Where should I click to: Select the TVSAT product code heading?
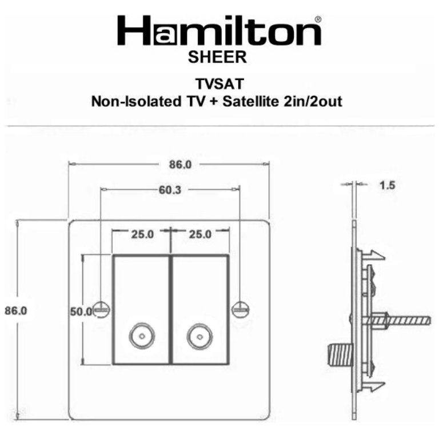[x=219, y=83]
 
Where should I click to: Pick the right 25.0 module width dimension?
[x=199, y=234]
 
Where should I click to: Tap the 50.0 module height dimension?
[x=81, y=312]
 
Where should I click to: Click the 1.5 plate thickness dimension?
[x=388, y=185]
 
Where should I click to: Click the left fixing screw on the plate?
[x=102, y=309]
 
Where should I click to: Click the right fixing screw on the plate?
[x=240, y=309]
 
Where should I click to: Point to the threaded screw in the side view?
[x=404, y=321]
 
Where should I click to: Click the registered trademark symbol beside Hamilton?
[x=318, y=19]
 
